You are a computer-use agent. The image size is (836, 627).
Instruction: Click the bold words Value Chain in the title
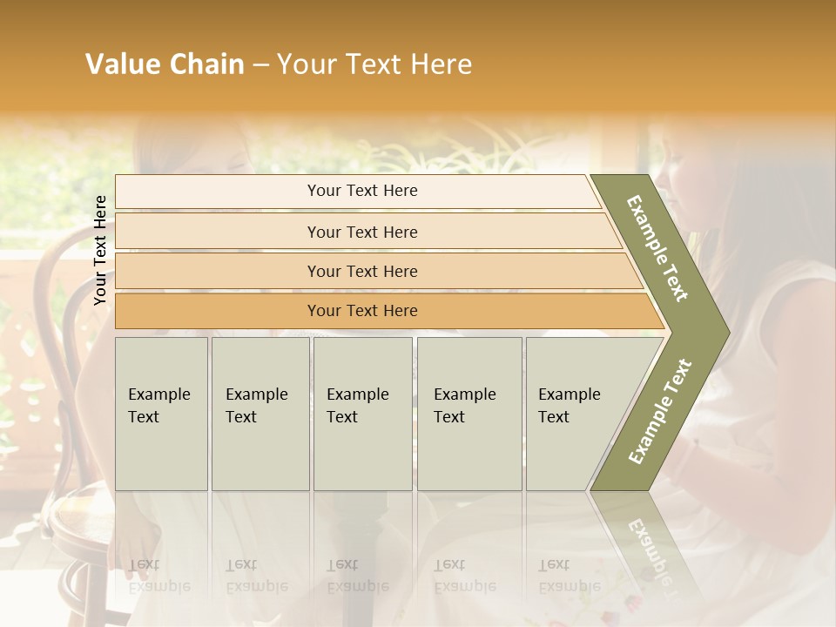pos(165,64)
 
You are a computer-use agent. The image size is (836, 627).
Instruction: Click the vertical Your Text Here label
pos(100,250)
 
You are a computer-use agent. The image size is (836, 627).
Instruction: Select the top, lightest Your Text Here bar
pos(361,191)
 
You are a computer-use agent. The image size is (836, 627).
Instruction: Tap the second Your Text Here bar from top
pos(361,232)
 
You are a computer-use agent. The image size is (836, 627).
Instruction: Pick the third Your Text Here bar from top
pos(361,271)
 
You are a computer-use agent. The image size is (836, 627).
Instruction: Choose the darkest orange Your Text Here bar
pos(361,311)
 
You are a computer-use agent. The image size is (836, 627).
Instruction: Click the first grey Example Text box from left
pos(161,413)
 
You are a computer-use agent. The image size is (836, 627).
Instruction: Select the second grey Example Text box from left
pos(260,413)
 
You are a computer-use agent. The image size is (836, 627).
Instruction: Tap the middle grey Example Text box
pos(361,413)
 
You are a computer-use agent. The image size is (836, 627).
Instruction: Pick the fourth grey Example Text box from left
pos(469,413)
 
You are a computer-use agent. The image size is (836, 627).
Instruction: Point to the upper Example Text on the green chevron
pos(658,248)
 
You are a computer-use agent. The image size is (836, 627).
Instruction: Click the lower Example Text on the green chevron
pos(660,411)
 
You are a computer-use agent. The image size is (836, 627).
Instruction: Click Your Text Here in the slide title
pos(374,64)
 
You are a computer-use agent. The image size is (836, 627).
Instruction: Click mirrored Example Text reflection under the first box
pos(159,576)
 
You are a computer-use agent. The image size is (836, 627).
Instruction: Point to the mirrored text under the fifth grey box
pos(570,576)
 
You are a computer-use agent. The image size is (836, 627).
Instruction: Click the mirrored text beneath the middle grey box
pos(357,576)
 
